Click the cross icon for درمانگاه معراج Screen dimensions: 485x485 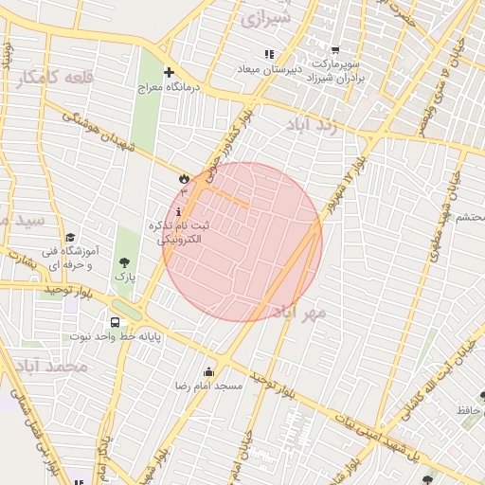coord(169,72)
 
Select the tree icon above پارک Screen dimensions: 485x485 coord(124,262)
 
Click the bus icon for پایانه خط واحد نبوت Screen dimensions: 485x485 coord(115,322)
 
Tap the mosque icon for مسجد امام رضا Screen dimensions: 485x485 coord(208,371)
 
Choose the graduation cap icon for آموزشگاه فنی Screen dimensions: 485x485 coord(70,238)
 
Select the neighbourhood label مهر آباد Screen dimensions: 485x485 coord(300,312)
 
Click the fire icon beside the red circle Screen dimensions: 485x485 coord(183,177)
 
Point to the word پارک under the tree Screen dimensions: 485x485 coord(125,278)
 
